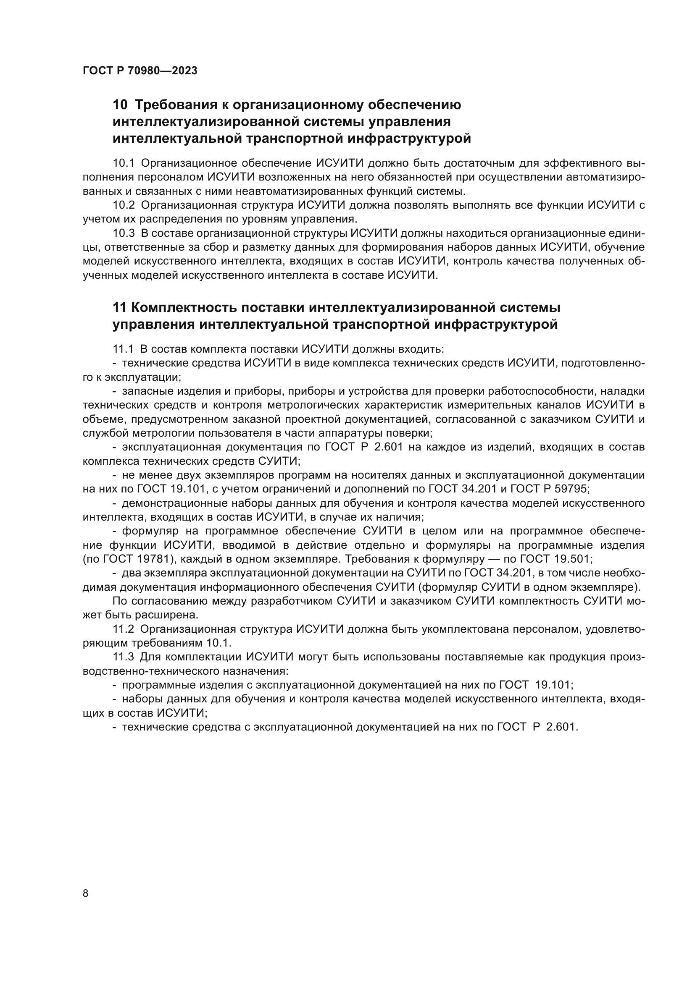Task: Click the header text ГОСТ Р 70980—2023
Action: tap(140, 71)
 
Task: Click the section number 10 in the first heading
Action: tap(120, 105)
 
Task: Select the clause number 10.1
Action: tap(124, 163)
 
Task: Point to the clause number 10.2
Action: tap(124, 205)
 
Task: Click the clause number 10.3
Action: tap(124, 233)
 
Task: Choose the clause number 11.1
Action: tap(123, 349)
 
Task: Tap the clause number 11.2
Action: tap(123, 629)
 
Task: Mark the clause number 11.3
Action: tap(123, 657)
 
